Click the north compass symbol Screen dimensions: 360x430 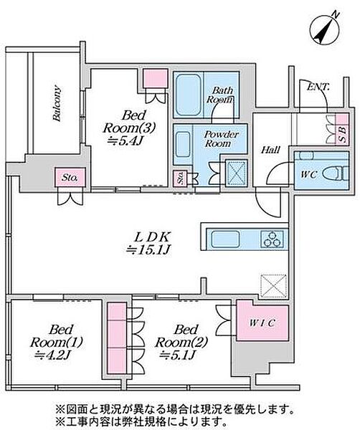(x=325, y=29)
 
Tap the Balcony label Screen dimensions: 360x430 (x=57, y=103)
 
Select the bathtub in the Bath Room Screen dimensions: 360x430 (x=188, y=95)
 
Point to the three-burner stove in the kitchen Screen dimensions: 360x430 (x=273, y=239)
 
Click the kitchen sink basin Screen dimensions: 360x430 (x=224, y=239)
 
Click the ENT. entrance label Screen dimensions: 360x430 (x=318, y=87)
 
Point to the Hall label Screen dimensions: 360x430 (x=270, y=150)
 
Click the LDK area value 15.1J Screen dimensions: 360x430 (x=148, y=250)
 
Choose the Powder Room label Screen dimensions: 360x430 (x=221, y=139)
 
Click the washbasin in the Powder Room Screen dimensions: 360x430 (x=183, y=144)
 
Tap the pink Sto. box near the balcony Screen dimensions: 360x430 (x=70, y=177)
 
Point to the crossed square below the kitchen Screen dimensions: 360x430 (x=273, y=285)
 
